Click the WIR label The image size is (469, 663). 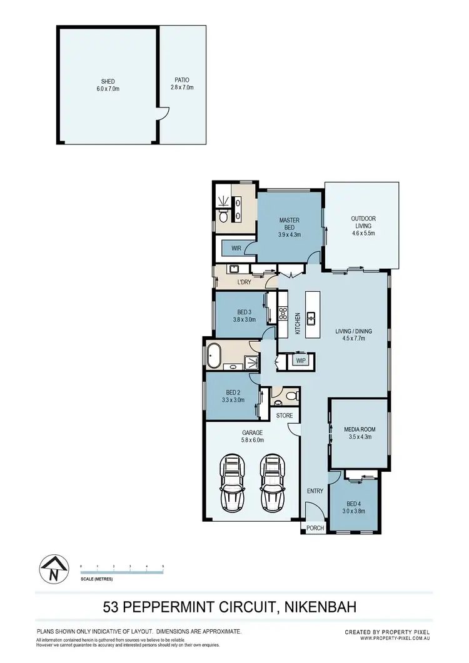point(236,249)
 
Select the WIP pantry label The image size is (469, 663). point(300,361)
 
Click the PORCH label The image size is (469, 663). point(315,528)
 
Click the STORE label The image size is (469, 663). point(285,416)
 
